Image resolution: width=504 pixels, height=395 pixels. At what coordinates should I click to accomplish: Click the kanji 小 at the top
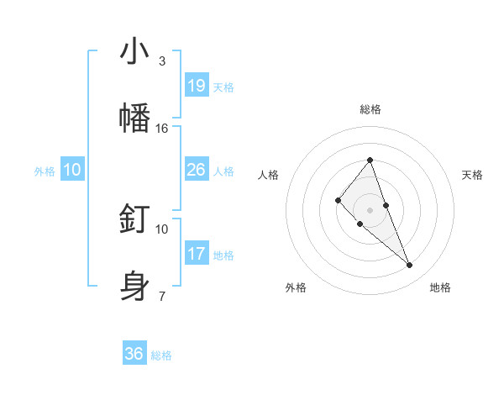(134, 52)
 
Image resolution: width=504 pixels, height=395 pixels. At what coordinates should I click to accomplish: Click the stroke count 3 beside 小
(162, 61)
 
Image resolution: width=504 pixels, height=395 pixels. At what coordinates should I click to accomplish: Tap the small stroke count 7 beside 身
(162, 295)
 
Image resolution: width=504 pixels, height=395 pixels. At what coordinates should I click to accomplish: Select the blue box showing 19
(197, 86)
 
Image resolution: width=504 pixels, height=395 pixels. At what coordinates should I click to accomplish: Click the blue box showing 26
(197, 170)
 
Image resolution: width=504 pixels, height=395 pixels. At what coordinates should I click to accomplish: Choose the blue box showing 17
(197, 253)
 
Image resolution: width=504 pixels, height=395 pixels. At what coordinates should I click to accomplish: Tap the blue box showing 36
(134, 354)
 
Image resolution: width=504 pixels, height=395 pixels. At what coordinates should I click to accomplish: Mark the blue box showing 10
(72, 170)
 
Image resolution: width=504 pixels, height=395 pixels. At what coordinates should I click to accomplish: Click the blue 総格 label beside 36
(161, 355)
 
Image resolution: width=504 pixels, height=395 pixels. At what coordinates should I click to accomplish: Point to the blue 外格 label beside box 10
(45, 171)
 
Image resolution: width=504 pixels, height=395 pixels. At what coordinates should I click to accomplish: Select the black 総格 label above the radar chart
(370, 109)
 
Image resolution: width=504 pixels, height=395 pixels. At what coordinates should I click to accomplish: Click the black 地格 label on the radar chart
(440, 287)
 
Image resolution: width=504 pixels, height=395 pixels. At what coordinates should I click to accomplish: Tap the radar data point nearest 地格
(410, 266)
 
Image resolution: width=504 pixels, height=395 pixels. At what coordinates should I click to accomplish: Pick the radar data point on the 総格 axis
(370, 160)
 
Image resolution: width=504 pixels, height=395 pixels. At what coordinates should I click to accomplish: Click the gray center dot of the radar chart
(370, 210)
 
